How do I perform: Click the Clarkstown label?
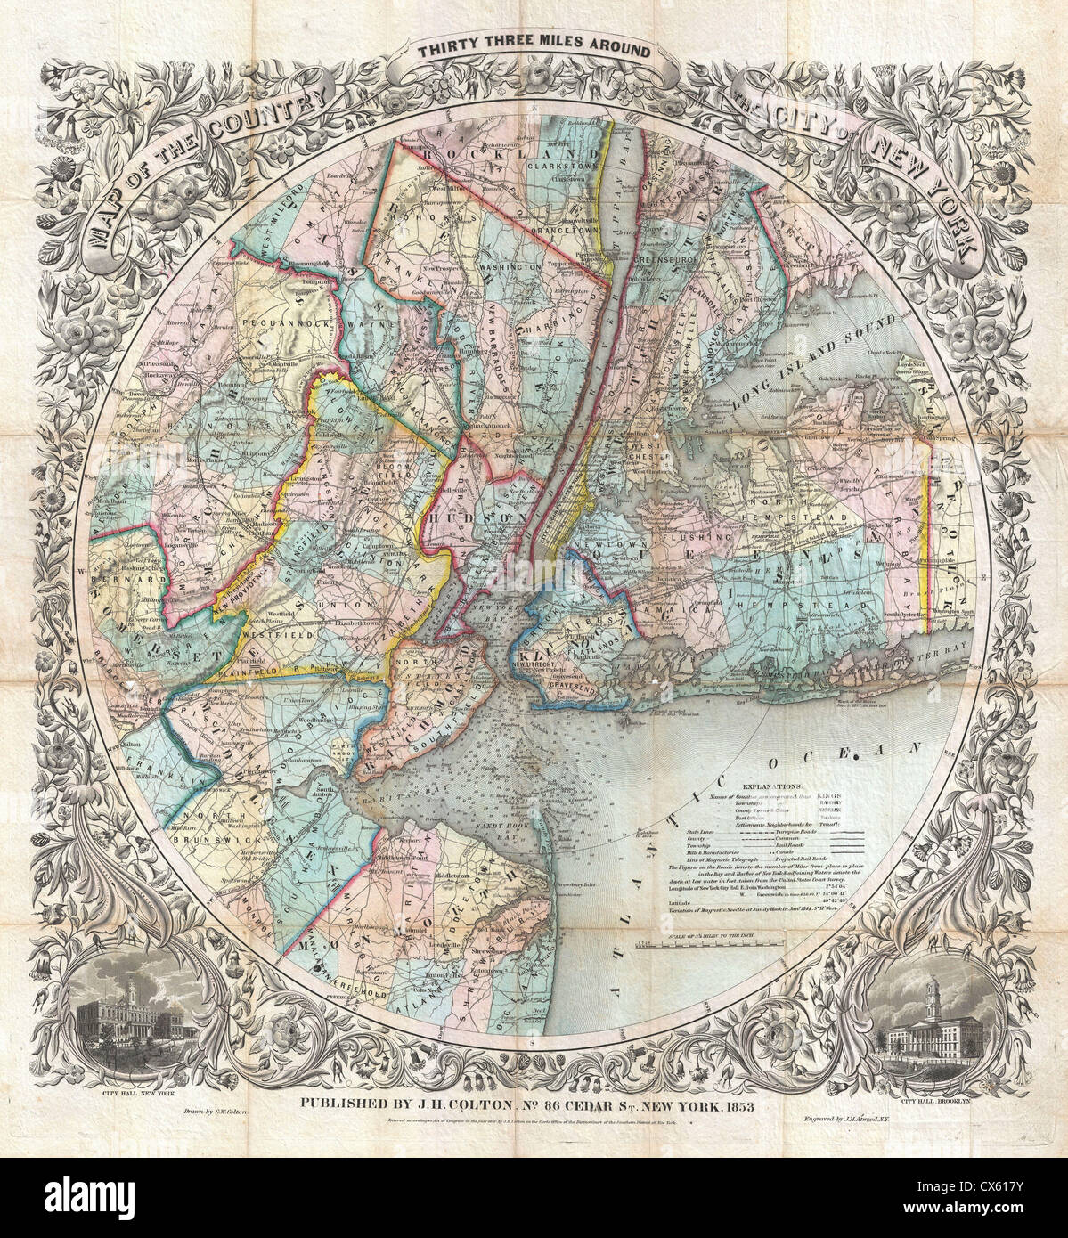pyautogui.click(x=561, y=166)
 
